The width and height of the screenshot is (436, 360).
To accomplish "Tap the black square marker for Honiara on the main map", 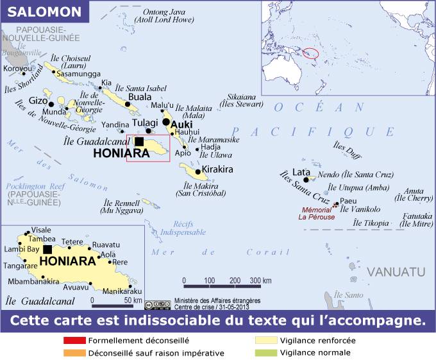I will [139, 142].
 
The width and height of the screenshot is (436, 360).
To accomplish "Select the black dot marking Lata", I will [306, 179].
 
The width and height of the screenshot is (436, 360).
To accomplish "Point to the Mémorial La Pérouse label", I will [316, 213].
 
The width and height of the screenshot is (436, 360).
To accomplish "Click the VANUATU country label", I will [396, 270].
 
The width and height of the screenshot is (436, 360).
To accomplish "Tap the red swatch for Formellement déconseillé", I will [74, 341].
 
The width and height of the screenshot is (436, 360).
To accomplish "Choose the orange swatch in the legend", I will [74, 353].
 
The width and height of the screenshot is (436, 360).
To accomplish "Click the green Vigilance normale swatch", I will [265, 353].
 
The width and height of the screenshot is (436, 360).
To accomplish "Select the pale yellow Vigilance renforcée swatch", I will [265, 341].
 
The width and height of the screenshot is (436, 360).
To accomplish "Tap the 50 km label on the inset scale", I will [133, 300].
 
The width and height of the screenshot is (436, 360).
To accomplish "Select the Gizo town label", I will [38, 101].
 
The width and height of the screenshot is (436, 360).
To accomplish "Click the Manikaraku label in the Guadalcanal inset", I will [121, 291].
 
